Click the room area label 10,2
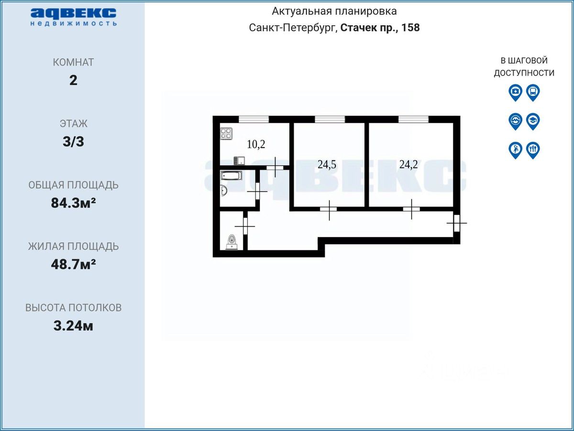[x=256, y=144]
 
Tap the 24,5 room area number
[x=327, y=165]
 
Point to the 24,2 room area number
[x=408, y=165]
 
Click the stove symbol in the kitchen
[x=226, y=134]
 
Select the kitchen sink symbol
[x=239, y=161]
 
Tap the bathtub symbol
[x=231, y=176]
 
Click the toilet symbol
[x=232, y=242]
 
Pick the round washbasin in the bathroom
[x=223, y=190]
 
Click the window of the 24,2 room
[x=413, y=119]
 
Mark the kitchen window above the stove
[x=254, y=119]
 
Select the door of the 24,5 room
[x=329, y=209]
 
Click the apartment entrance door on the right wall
[x=457, y=223]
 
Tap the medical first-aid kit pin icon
[x=515, y=92]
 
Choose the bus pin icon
[x=533, y=92]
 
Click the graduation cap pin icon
[x=533, y=121]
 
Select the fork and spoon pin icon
[x=533, y=150]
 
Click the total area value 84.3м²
[x=73, y=203]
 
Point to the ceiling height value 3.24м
[x=73, y=326]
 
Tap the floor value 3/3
[x=73, y=142]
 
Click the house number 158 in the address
[x=410, y=27]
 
